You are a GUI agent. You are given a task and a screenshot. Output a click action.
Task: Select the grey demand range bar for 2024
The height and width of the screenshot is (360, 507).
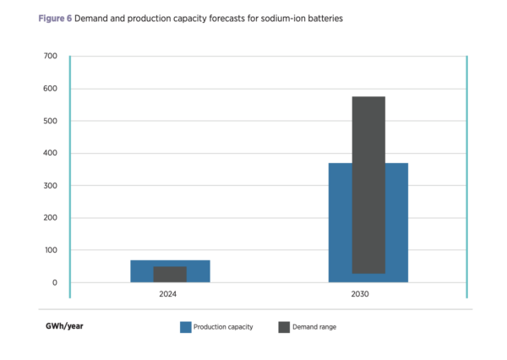(170, 274)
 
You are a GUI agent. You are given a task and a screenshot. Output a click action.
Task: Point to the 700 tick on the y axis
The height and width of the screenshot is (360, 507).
(50, 57)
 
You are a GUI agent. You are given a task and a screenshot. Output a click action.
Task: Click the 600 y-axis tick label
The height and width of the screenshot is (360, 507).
(50, 89)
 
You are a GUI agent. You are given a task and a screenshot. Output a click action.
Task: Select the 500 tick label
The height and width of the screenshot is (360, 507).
(50, 121)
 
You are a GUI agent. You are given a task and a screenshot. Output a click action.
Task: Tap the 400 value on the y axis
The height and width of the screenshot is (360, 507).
(50, 154)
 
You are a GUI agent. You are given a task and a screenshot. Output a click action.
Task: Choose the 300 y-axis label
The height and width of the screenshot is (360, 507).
(50, 186)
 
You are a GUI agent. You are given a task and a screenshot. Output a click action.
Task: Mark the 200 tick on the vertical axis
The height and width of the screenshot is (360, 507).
(50, 218)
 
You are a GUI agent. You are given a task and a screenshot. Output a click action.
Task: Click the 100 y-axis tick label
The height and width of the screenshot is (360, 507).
(50, 250)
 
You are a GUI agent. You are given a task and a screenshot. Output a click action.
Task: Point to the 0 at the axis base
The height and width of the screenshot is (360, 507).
(54, 282)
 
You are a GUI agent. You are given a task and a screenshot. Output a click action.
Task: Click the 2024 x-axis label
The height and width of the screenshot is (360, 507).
(170, 295)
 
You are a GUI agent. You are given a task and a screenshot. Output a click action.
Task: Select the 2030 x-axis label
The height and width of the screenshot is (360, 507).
(368, 295)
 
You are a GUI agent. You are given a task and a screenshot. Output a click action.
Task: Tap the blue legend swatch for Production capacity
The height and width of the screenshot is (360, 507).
(186, 327)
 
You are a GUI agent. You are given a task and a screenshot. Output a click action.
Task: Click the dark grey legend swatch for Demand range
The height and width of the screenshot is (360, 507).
(283, 327)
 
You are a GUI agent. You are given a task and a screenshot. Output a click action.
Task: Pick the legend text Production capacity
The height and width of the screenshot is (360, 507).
(223, 327)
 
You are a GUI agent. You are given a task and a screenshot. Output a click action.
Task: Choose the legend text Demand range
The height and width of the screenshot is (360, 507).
(313, 327)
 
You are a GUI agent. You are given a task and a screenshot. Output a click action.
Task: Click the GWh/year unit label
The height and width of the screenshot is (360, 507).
(64, 326)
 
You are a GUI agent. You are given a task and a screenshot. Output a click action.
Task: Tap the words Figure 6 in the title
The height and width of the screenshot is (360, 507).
(54, 17)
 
